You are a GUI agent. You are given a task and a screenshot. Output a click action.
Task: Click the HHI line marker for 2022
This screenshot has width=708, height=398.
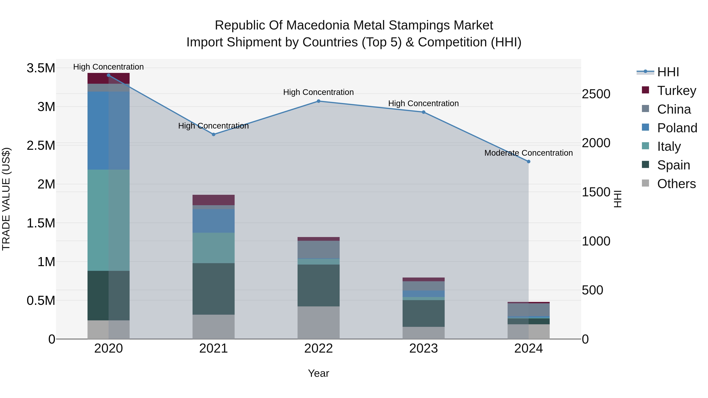click(x=319, y=101)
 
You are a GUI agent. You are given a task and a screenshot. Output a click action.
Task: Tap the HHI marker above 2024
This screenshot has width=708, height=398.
click(x=528, y=162)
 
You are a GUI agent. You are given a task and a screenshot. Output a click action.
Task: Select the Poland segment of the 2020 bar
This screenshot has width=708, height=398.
click(x=108, y=131)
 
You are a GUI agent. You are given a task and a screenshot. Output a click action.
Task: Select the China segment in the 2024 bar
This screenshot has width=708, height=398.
click(x=528, y=310)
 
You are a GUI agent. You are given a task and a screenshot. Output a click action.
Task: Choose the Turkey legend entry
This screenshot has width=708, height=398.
click(x=676, y=90)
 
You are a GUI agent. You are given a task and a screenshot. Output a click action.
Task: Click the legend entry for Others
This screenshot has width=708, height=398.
click(x=676, y=184)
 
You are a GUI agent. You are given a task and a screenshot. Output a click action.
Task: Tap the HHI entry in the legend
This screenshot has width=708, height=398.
click(x=668, y=72)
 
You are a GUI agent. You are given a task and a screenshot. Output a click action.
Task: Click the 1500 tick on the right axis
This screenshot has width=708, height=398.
click(x=596, y=192)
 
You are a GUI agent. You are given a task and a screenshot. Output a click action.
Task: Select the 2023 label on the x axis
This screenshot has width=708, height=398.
click(x=424, y=348)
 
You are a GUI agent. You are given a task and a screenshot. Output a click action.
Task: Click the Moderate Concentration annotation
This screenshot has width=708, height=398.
click(x=528, y=153)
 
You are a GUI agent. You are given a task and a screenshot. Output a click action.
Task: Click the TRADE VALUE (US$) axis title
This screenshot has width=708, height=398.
click(x=6, y=199)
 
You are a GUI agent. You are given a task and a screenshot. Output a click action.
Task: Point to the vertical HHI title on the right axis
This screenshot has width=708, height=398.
click(x=617, y=199)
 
